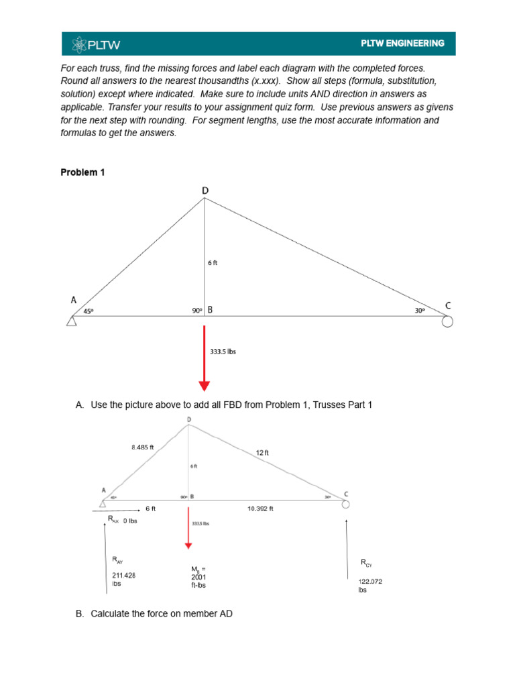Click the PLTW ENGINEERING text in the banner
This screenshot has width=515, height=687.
[402, 44]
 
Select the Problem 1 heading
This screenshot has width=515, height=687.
[83, 172]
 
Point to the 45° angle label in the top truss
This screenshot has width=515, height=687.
[89, 311]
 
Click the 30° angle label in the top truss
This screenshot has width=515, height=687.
[420, 311]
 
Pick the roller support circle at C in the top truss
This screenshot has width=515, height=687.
[447, 322]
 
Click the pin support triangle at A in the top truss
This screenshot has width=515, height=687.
[72, 321]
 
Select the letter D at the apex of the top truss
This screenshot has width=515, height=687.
[205, 191]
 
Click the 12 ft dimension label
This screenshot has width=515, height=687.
[262, 453]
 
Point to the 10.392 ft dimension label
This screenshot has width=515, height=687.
[261, 509]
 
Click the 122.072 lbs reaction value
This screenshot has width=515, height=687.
[369, 586]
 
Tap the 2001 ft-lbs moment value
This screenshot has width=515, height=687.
[199, 577]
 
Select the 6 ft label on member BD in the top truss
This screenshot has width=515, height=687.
[213, 263]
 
